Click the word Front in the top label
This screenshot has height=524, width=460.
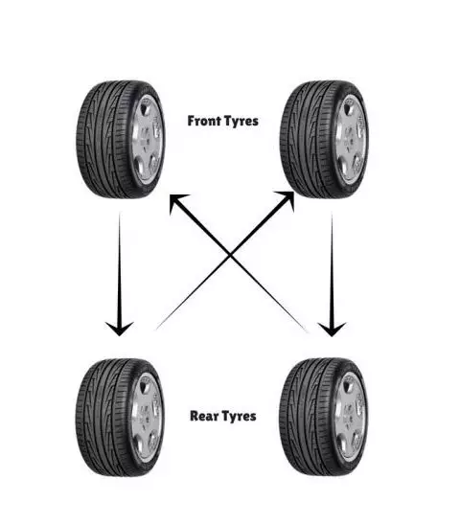coord(203,121)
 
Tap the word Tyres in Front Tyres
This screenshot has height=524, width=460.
coord(241,121)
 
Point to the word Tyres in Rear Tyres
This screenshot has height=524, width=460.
coord(239,417)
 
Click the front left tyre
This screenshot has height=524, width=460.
coord(121,139)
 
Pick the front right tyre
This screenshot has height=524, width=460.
coord(324,139)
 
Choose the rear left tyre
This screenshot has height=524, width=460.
coord(120,418)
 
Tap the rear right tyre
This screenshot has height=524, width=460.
coord(323,418)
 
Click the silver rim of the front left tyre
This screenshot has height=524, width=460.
coord(147,139)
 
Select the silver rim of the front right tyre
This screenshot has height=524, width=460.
coord(351,139)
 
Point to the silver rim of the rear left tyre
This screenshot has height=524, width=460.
coord(147,418)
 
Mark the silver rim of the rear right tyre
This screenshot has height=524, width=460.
coord(350,418)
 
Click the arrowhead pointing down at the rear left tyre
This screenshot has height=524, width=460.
coord(120,329)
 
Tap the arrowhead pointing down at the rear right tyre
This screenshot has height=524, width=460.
coord(332,330)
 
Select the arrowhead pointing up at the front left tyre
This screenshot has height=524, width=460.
coord(178,203)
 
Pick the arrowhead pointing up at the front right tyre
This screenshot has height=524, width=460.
coord(286,200)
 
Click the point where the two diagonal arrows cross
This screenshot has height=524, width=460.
coord(230,256)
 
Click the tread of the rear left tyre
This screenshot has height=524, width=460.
coord(101,418)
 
